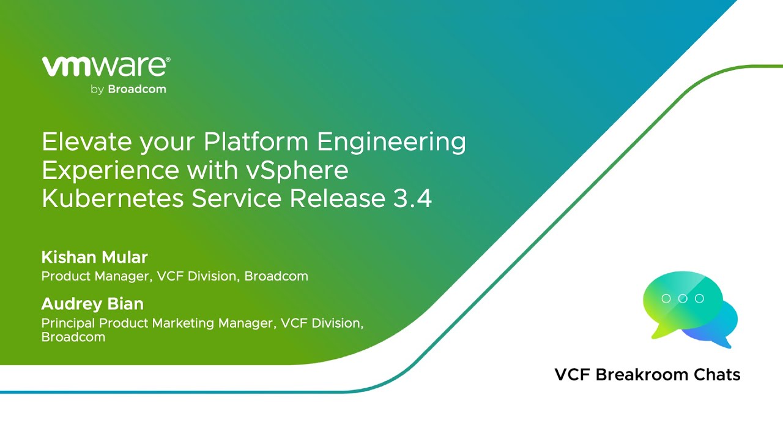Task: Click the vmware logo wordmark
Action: click(x=104, y=66)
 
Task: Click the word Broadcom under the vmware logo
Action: click(x=137, y=89)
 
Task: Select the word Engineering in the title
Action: click(x=391, y=143)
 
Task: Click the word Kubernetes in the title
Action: click(x=113, y=198)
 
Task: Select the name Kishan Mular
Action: click(x=94, y=257)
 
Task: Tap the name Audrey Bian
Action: click(x=92, y=304)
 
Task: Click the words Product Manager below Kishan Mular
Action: click(x=97, y=276)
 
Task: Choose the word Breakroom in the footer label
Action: click(x=642, y=374)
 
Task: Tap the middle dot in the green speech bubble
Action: click(x=683, y=298)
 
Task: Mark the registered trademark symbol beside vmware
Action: click(x=168, y=60)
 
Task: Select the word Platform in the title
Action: click(x=256, y=141)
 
